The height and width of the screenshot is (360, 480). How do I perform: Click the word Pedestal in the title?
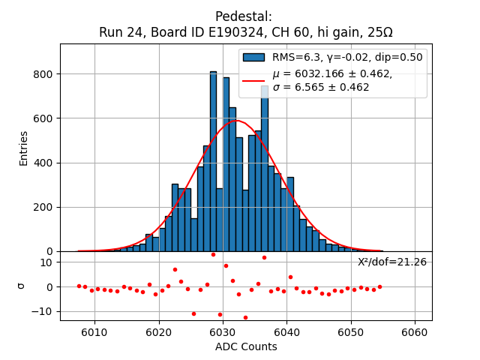point(243,16)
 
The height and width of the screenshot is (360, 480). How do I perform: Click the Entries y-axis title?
point(23,148)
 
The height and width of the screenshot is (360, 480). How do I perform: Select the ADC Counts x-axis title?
point(246,346)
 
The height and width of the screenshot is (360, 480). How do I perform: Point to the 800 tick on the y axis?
point(42,74)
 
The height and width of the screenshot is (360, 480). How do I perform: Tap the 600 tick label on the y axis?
point(42,118)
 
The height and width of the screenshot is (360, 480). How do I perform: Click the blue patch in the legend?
point(253,57)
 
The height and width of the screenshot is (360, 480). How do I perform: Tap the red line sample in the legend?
point(253,79)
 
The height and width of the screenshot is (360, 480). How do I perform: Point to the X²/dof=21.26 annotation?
point(391,262)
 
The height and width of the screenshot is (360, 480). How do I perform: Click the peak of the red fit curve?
point(236,120)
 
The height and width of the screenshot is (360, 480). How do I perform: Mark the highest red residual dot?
point(213,254)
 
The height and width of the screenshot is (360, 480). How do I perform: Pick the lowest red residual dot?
point(245,317)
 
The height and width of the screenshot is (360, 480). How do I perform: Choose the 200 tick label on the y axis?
point(42,207)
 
